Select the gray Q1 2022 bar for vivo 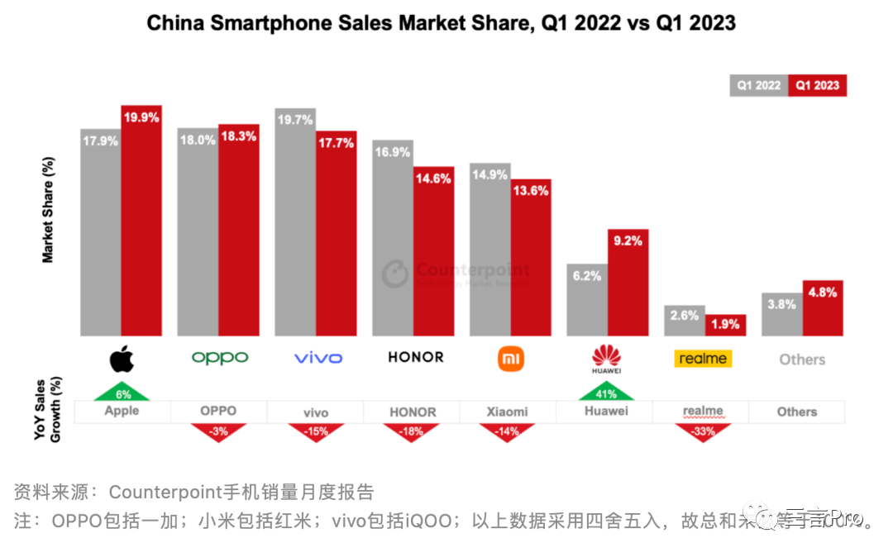(295, 231)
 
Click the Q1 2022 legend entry (758, 85)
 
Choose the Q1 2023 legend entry (817, 85)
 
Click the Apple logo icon (122, 358)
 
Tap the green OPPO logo (219, 358)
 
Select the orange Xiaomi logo (510, 359)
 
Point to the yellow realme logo (703, 359)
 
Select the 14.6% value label (434, 179)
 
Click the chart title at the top (441, 23)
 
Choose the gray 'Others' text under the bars (802, 359)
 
